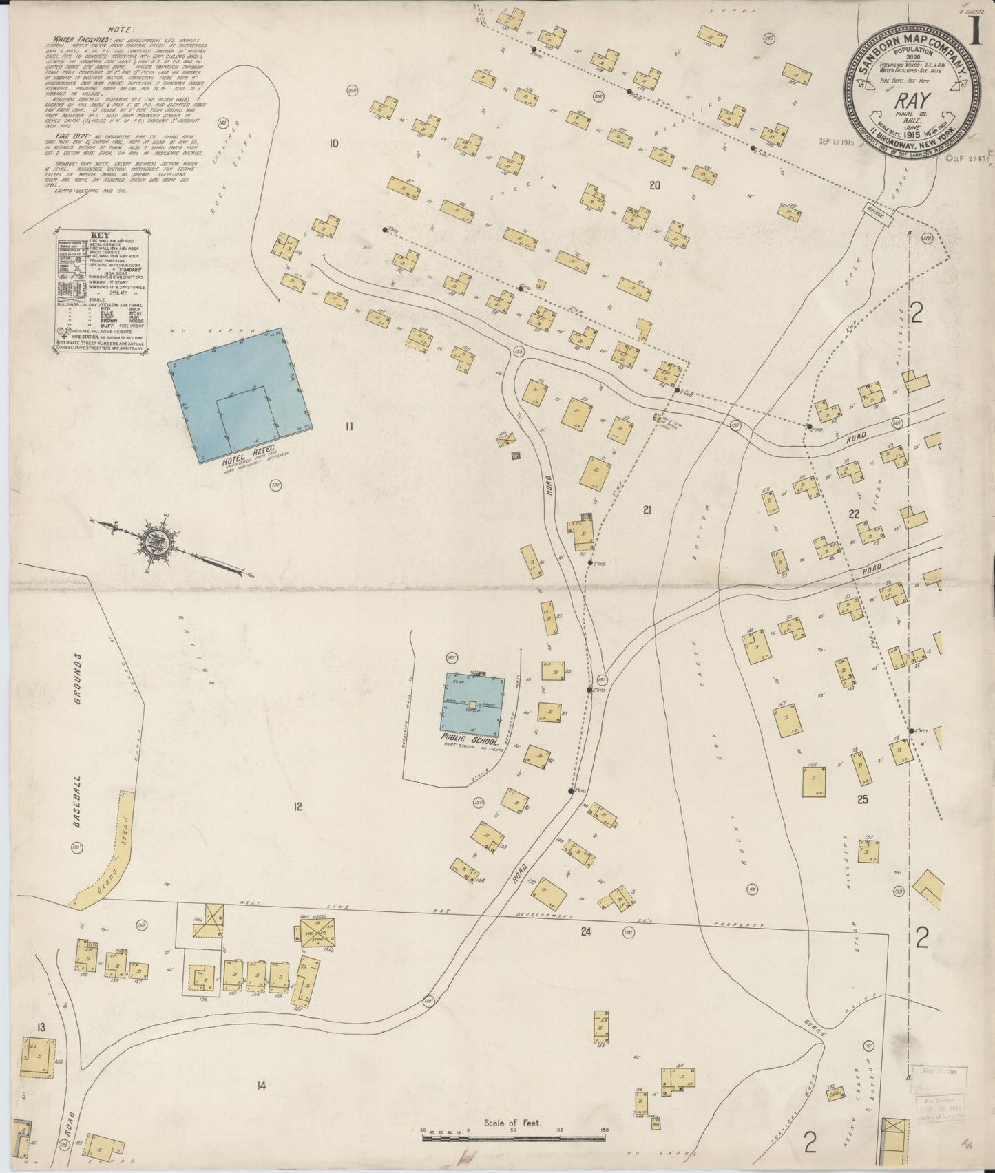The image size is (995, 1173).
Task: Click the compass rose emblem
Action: point(153,542)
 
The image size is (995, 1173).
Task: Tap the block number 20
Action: point(654,184)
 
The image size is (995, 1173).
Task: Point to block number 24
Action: point(586,932)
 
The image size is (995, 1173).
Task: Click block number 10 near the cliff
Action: point(334,144)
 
